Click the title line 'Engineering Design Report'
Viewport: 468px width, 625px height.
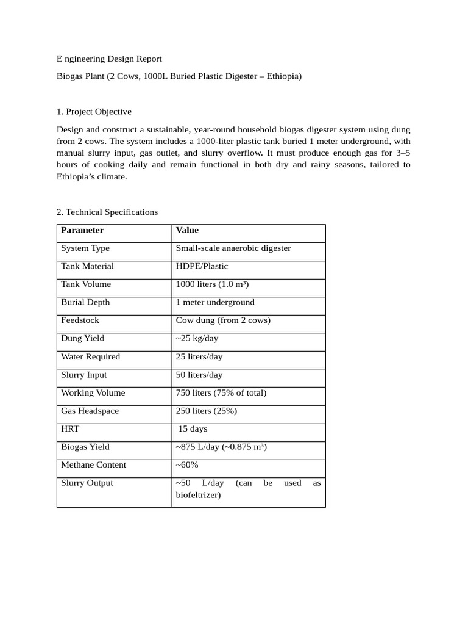click(110, 59)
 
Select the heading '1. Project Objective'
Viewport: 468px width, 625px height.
click(94, 112)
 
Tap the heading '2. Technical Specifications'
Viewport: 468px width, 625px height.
click(107, 212)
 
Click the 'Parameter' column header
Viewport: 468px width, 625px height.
click(82, 230)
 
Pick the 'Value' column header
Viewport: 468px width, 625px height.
click(187, 230)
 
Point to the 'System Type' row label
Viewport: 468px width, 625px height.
click(85, 248)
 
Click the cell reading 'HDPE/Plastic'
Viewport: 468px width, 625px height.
click(202, 266)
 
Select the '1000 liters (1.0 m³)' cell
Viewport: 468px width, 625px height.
click(212, 284)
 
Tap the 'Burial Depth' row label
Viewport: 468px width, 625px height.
click(85, 302)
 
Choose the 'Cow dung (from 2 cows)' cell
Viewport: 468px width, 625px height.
click(223, 320)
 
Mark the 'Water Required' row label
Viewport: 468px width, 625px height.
click(90, 356)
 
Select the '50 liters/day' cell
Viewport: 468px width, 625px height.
click(199, 375)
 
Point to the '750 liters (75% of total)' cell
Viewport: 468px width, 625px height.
click(221, 392)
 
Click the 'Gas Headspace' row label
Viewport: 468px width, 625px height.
click(90, 411)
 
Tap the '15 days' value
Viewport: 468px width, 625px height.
click(193, 428)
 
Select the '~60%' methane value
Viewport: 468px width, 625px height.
click(187, 464)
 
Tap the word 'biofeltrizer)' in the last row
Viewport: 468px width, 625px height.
click(198, 495)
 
